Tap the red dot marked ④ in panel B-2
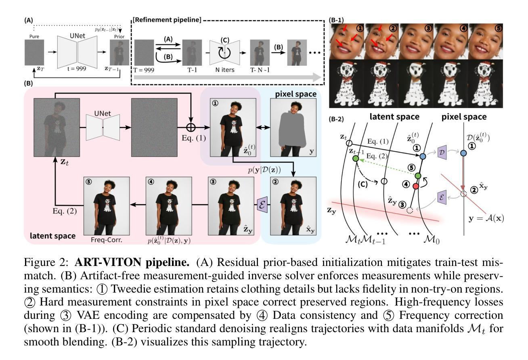(416, 186)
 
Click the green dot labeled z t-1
(356, 159)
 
